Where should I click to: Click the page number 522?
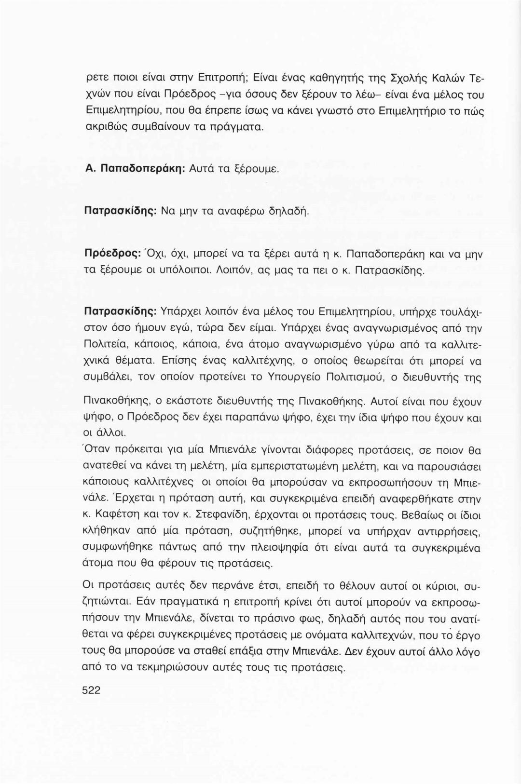pyautogui.click(x=91, y=690)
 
